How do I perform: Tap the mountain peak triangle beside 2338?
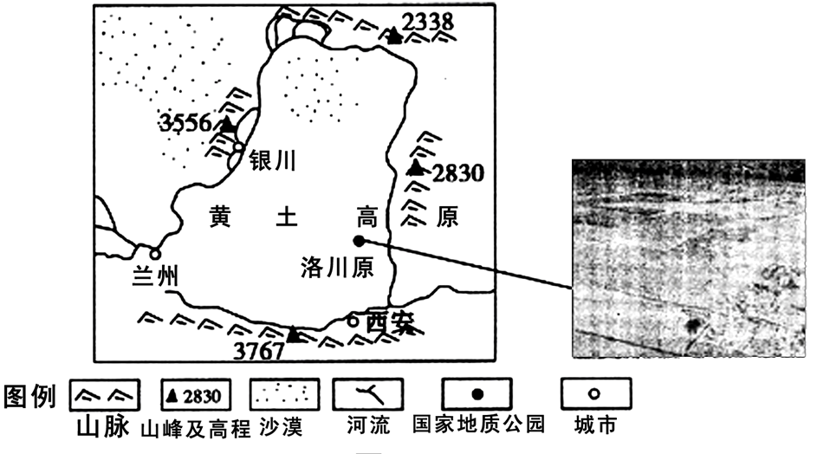pyautogui.click(x=395, y=36)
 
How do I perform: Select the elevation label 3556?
pyautogui.click(x=185, y=123)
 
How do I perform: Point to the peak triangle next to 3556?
pyautogui.click(x=227, y=126)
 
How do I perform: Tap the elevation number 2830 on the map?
pyautogui.click(x=457, y=172)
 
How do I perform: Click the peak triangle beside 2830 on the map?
pyautogui.click(x=418, y=167)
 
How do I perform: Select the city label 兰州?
pyautogui.click(x=156, y=277)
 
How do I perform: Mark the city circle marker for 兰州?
pyautogui.click(x=154, y=254)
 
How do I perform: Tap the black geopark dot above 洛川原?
pyautogui.click(x=359, y=242)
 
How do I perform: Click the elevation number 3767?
pyautogui.click(x=259, y=350)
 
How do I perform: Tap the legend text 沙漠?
pyautogui.click(x=276, y=426)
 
